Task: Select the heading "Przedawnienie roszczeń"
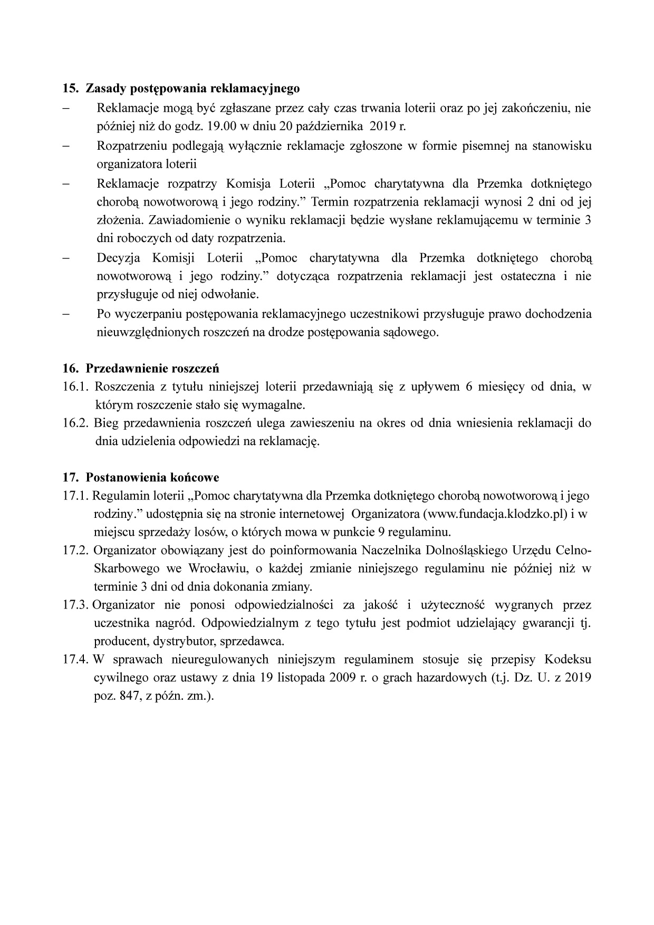pyautogui.click(x=152, y=368)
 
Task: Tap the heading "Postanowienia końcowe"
pyautogui.click(x=152, y=477)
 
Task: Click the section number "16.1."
pyautogui.click(x=75, y=387)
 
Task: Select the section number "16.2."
pyautogui.click(x=75, y=423)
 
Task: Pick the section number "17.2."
pyautogui.click(x=75, y=551)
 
